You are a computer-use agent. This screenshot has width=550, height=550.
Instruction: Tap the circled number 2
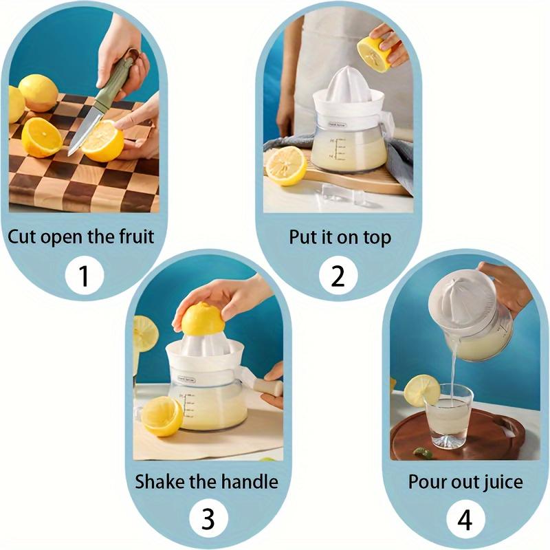[338, 276]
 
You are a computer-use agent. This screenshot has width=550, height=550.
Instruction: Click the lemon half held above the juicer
[375, 52]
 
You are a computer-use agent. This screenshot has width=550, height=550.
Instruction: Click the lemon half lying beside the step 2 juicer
[285, 166]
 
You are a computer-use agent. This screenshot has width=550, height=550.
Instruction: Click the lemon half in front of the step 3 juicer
[162, 415]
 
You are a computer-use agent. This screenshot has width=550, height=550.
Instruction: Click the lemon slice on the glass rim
[421, 390]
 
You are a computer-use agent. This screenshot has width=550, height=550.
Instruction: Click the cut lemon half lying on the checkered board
[41, 137]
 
